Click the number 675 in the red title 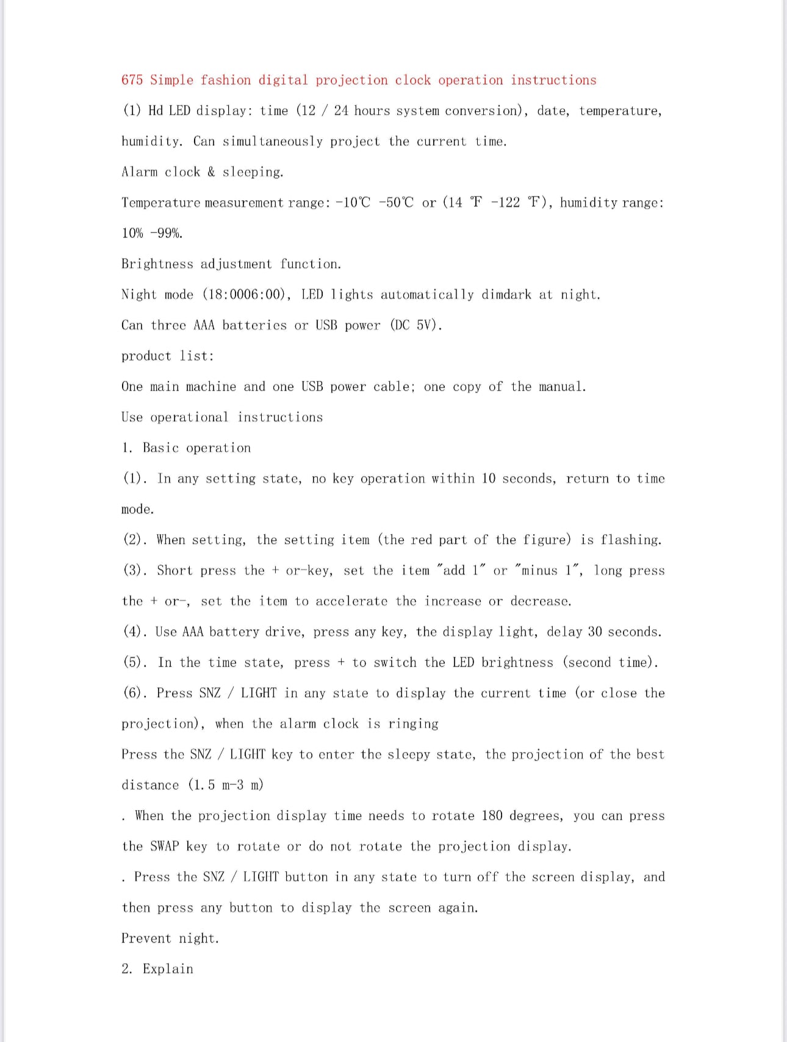132,80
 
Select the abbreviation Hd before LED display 156,110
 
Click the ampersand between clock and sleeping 211,172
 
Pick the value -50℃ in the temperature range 396,203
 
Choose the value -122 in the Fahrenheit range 505,203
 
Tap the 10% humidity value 132,233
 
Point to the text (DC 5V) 416,325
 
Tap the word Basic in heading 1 161,448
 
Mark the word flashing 631,540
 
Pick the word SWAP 165,847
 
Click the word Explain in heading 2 168,969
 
